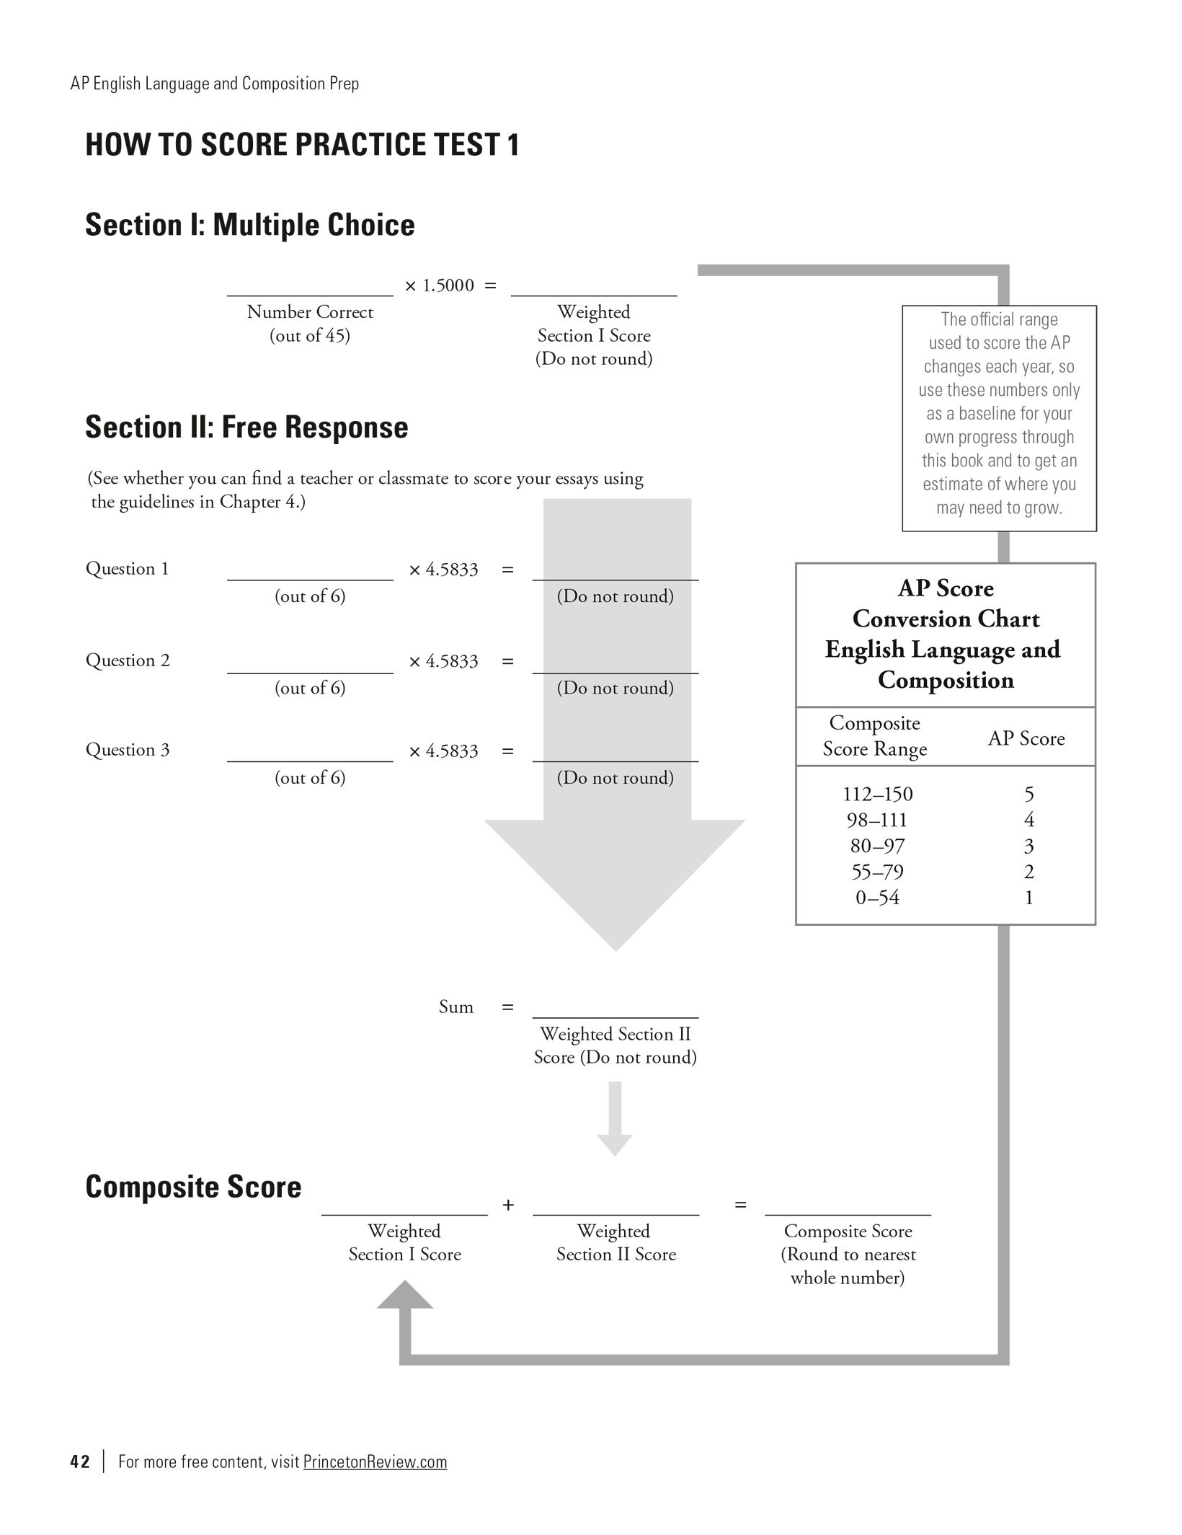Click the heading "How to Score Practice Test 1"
click(x=302, y=145)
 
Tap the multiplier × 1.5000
click(x=440, y=286)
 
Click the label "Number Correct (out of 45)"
click(x=310, y=324)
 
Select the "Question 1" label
click(x=128, y=569)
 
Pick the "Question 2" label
click(x=128, y=660)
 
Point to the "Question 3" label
click(x=128, y=750)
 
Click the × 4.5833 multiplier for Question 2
click(x=443, y=661)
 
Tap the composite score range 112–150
click(x=877, y=794)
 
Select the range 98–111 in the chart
click(x=877, y=820)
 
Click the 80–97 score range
click(x=877, y=846)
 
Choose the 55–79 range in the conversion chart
click(x=877, y=872)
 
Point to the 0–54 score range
click(x=877, y=898)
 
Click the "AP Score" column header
click(x=1026, y=738)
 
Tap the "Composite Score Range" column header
click(x=875, y=736)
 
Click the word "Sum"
click(x=456, y=1007)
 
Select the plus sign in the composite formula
click(x=508, y=1205)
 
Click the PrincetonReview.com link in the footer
click(x=375, y=1461)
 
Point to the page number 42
click(x=80, y=1461)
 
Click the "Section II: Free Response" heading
click(x=246, y=427)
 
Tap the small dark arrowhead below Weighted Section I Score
click(x=405, y=1296)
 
